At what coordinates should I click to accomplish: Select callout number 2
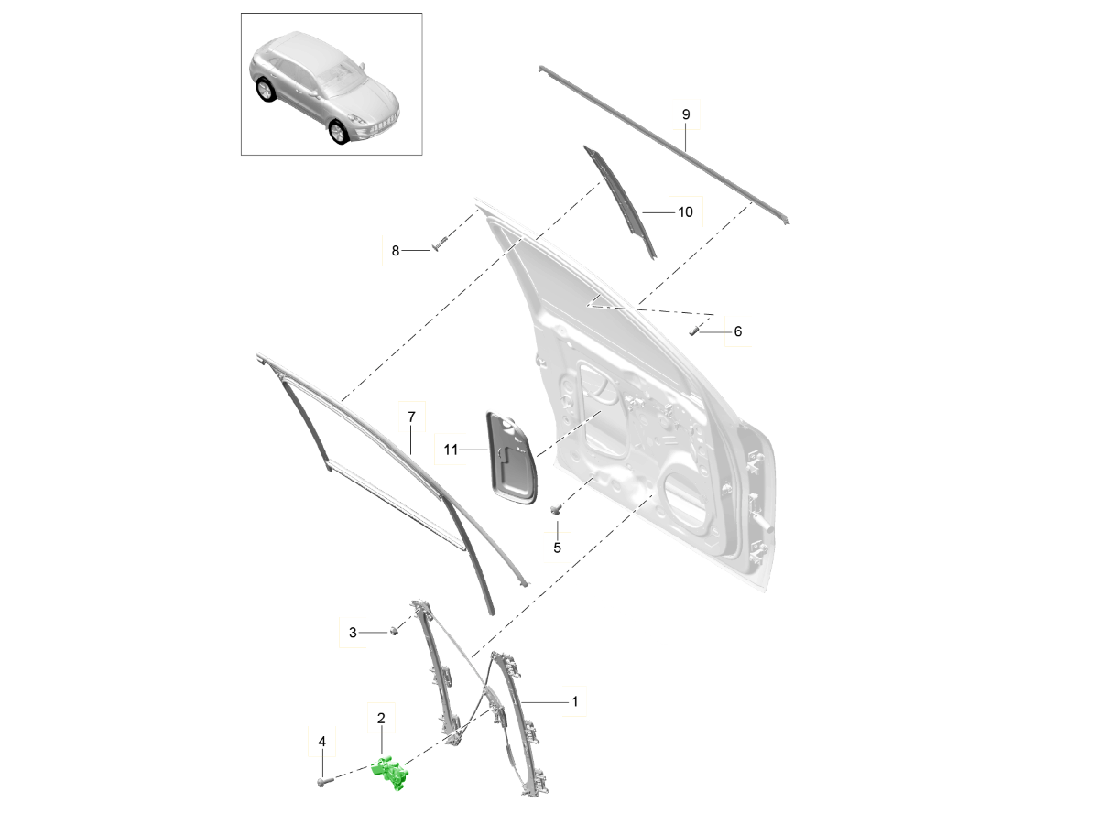click(381, 721)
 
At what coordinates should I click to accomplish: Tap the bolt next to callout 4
click(323, 781)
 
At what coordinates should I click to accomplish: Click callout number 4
click(321, 741)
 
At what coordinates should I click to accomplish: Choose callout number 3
click(354, 632)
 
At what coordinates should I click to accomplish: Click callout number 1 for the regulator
click(574, 701)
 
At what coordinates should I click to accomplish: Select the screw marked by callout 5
click(555, 509)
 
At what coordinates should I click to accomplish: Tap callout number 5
click(556, 548)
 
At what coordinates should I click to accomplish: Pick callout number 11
click(450, 450)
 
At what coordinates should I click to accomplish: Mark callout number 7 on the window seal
click(411, 417)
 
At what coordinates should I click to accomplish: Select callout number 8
click(396, 250)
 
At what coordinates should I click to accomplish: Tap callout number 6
click(738, 331)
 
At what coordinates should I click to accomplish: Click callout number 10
click(686, 211)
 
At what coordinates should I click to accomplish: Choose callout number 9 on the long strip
click(686, 114)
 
